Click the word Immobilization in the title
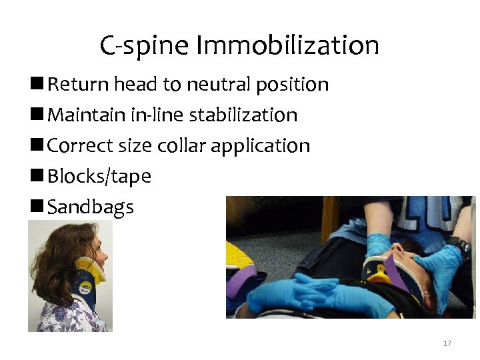287,46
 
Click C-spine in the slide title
144,46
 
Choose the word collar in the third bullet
183,146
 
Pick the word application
262,146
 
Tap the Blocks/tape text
99,177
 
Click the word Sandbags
91,207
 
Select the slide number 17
447,343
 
